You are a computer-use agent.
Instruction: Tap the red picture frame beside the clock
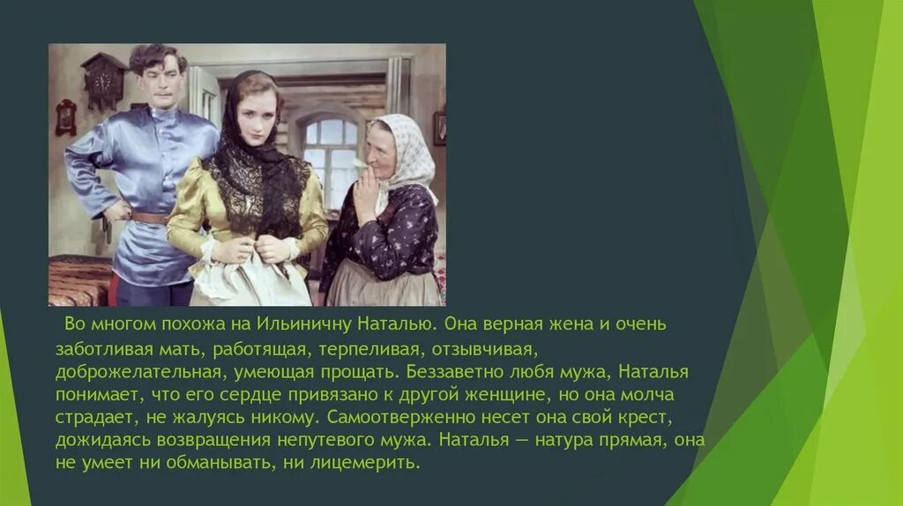pos(66,117)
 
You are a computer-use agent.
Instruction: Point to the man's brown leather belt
pos(149,216)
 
